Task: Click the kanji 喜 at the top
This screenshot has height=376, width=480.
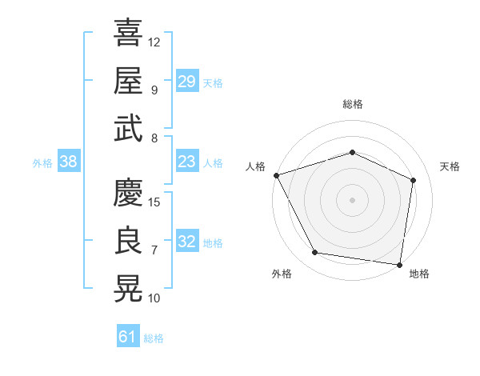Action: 128,34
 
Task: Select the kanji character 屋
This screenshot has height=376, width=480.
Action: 128,81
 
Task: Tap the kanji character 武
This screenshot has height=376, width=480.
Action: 128,129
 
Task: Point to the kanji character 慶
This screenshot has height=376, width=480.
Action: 128,193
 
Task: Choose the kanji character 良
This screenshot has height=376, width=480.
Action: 128,241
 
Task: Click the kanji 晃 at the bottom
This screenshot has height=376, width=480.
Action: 128,289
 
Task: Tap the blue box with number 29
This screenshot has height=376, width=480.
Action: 186,82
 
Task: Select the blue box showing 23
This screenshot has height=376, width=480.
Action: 186,162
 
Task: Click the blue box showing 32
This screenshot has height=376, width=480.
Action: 186,242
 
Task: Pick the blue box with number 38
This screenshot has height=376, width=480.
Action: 69,162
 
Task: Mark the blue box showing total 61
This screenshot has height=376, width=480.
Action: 128,337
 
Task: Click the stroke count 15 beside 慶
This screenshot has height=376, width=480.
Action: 155,202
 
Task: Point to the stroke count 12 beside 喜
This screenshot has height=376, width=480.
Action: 154,42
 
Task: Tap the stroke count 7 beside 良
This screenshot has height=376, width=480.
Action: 154,250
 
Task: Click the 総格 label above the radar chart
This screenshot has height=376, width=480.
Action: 352,104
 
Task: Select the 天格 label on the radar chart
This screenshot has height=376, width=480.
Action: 450,166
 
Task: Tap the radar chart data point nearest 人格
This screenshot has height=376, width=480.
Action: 276,175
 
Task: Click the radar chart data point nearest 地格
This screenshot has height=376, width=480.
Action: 399,264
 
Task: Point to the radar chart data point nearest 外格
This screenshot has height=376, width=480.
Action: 315,253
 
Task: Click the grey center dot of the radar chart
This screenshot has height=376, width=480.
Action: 352,199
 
